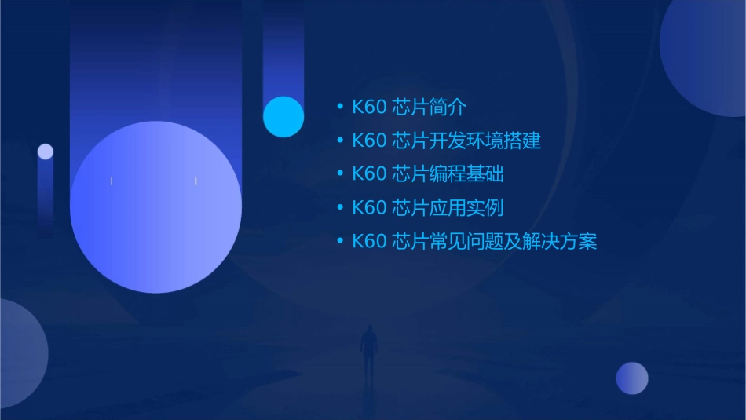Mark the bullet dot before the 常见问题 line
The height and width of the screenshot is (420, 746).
339,241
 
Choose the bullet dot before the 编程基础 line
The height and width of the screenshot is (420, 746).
339,173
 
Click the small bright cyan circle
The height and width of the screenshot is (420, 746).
283,117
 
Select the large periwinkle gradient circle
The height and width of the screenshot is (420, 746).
155,207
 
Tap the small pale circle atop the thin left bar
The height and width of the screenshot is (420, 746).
46,152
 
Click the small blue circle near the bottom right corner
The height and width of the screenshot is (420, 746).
631,378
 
